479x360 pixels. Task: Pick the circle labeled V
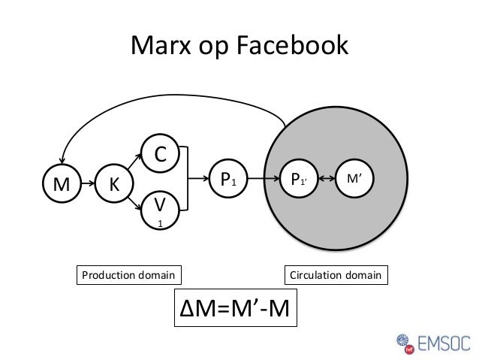point(159,209)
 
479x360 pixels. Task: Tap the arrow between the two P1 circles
point(264,180)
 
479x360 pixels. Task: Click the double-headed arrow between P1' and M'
point(326,180)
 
